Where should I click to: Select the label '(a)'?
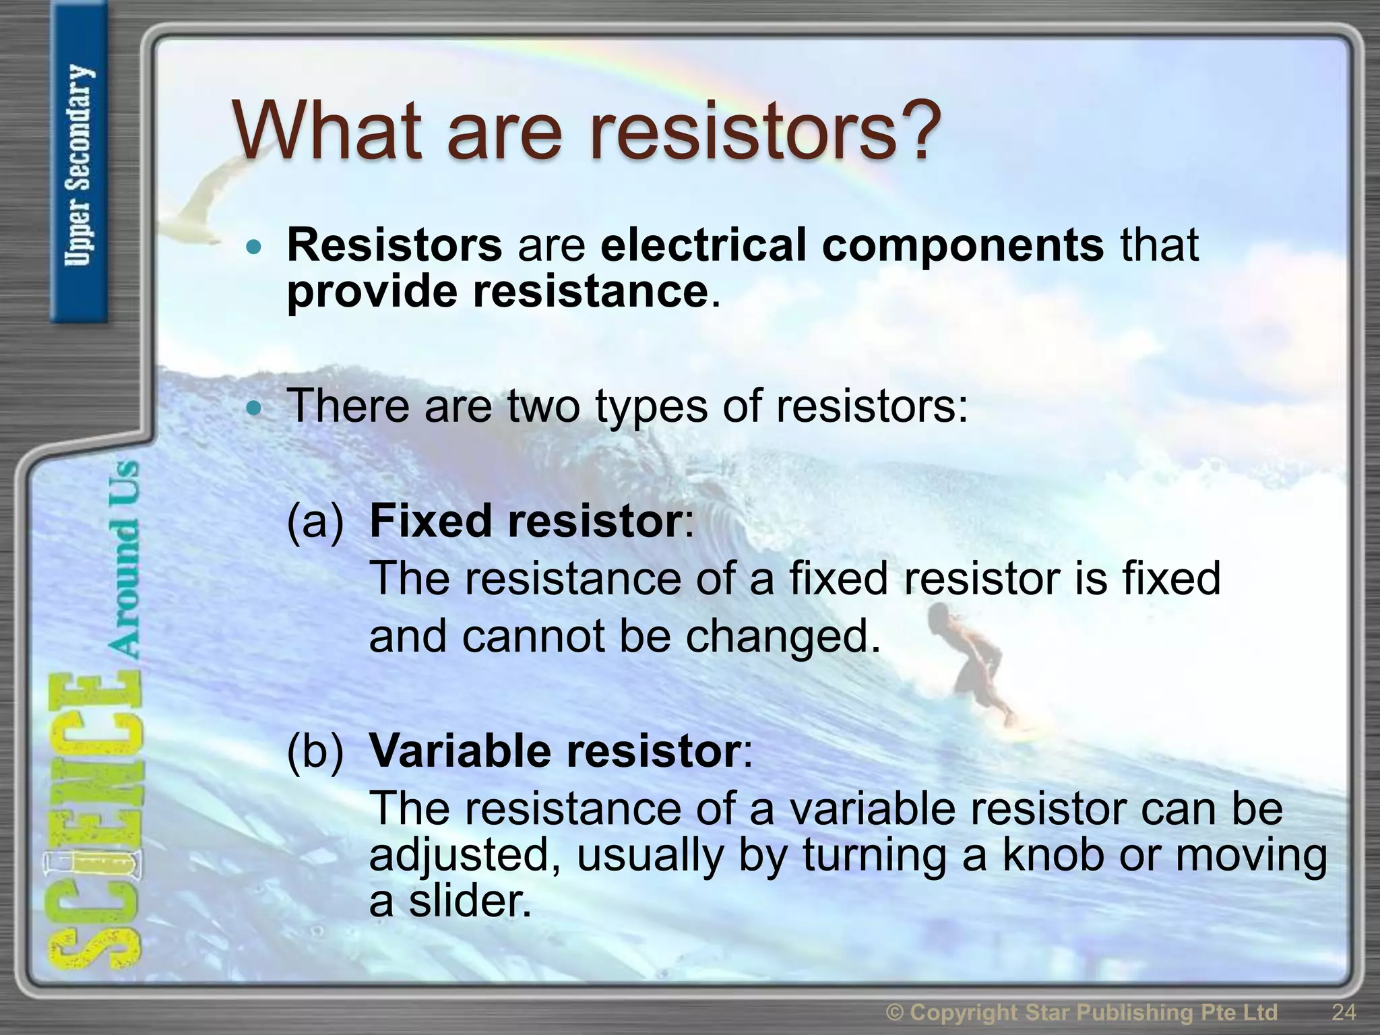tap(315, 522)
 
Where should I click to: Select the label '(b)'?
tap(315, 751)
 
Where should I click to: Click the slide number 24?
tap(1344, 1012)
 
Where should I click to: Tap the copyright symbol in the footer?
tap(895, 1013)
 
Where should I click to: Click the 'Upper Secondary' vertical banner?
tap(79, 165)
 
